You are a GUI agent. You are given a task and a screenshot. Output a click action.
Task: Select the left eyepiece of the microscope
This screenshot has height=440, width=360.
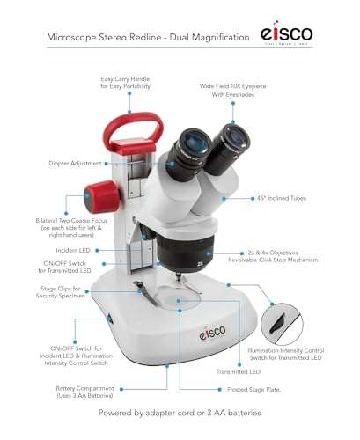(188, 144)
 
